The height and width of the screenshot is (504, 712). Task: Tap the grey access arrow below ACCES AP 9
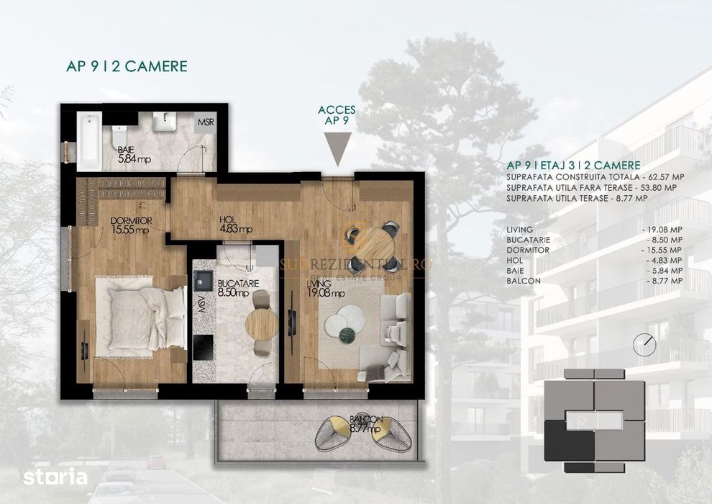click(x=337, y=150)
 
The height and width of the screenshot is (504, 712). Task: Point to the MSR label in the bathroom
click(x=206, y=121)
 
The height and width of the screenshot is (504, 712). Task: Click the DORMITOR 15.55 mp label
click(x=129, y=225)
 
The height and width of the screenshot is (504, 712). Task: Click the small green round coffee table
click(x=347, y=333)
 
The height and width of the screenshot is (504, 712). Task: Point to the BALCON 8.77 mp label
click(x=367, y=424)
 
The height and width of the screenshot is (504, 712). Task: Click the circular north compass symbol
click(x=644, y=344)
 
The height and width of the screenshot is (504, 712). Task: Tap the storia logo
click(x=55, y=477)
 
